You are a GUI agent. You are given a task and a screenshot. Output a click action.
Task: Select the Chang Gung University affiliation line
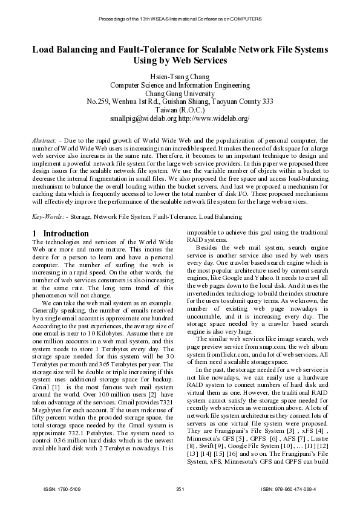(180, 93)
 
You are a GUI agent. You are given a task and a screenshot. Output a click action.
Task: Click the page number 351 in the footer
(180, 488)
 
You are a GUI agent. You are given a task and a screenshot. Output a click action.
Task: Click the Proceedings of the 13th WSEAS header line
(180, 19)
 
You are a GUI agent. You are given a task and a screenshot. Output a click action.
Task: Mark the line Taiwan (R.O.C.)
(180, 111)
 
